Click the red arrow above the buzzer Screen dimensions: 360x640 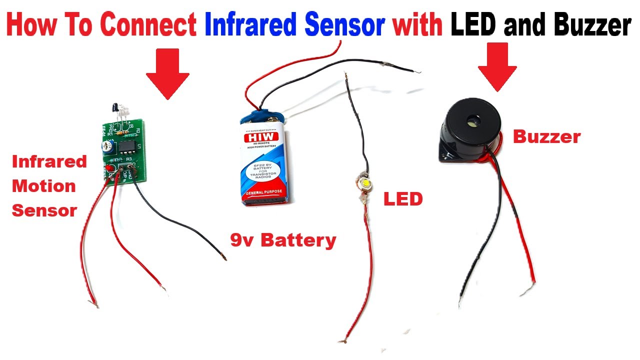pos(497,67)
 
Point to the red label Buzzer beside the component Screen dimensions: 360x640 pos(546,137)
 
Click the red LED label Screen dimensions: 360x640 pos(403,199)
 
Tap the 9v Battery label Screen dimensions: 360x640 pos(283,240)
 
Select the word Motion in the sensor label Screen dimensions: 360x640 pos(44,186)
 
